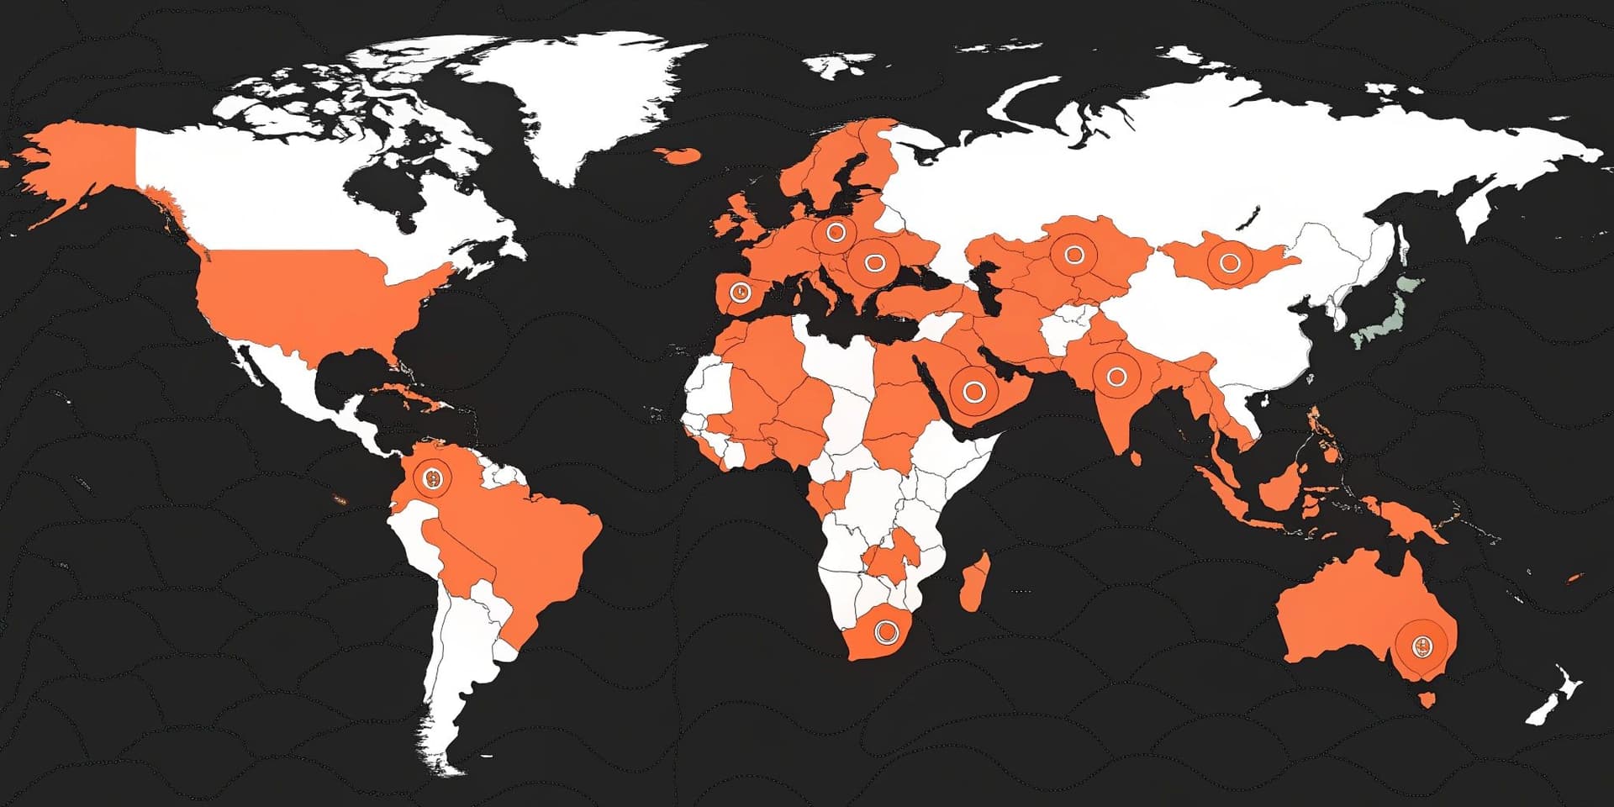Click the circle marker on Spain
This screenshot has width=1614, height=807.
[x=740, y=292]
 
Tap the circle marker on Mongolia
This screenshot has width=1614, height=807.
[x=1230, y=263]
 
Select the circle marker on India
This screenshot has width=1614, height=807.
[x=1116, y=377]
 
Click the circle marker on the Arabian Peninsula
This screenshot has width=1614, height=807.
[x=973, y=391]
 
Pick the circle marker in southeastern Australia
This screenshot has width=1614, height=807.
[x=1421, y=646]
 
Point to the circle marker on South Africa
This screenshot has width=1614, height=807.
[x=884, y=631]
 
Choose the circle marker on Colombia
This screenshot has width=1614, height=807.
[x=433, y=479]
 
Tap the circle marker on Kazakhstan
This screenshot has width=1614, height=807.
[x=1073, y=253]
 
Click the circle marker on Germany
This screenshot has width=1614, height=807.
[x=835, y=231]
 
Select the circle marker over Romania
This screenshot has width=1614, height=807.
[x=874, y=263]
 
